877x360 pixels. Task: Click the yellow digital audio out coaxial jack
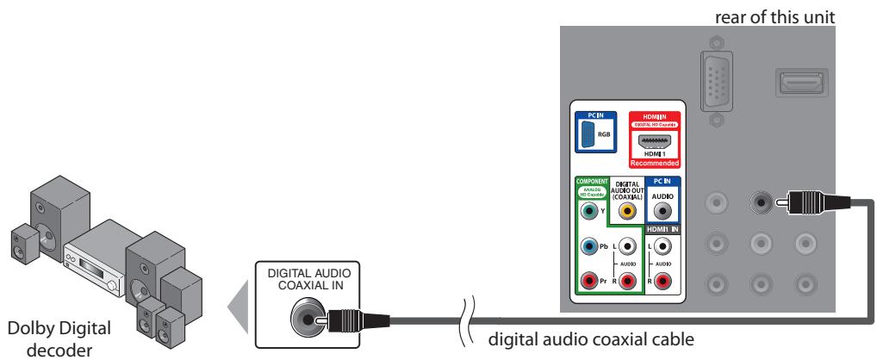[629, 208]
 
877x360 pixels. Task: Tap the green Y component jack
[588, 208]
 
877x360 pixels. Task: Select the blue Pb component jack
[588, 245]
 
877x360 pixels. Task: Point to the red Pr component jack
[588, 279]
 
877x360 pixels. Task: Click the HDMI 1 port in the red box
[657, 143]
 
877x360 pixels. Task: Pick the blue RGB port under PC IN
[588, 134]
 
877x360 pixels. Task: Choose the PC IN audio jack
[662, 208]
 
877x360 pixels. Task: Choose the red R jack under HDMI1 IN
[662, 279]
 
